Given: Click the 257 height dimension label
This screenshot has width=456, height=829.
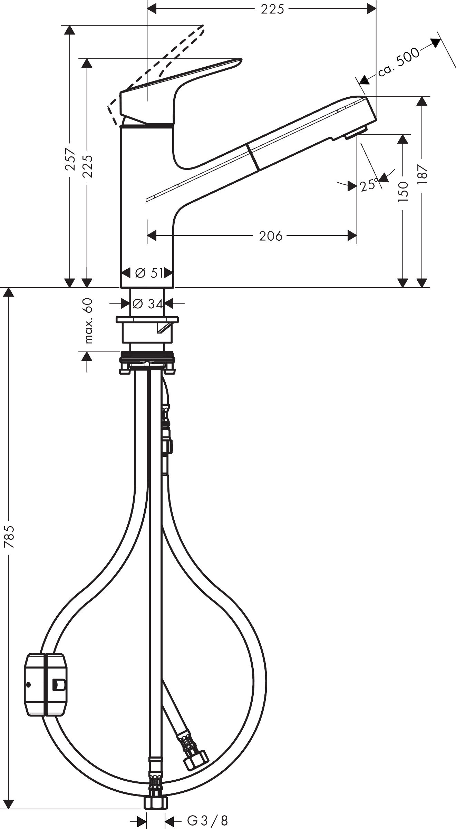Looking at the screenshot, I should click(70, 159).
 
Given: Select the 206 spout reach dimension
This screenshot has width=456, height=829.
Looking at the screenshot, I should click(271, 236).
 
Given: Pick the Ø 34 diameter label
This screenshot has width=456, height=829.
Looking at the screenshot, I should click(147, 304).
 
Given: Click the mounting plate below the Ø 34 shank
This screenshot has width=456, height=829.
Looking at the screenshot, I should click(147, 320).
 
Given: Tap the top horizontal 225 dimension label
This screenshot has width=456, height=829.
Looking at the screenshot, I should click(272, 9).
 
